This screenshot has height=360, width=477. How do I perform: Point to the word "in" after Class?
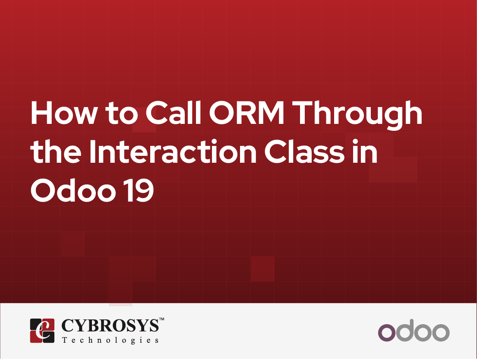367,152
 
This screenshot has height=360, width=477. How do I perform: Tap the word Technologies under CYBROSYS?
110,340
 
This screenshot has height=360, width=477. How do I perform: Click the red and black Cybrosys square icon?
42,331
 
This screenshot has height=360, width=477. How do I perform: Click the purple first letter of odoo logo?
387,333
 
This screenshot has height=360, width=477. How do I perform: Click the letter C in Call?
157,114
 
